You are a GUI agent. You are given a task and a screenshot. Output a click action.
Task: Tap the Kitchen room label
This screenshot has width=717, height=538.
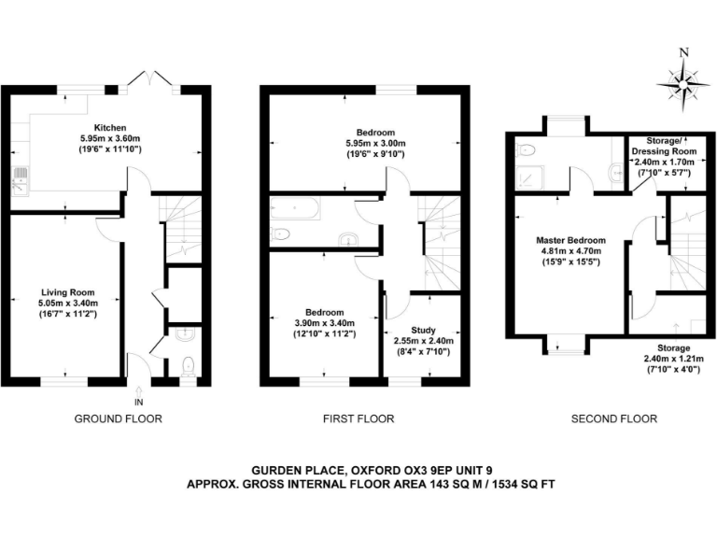tap(110, 128)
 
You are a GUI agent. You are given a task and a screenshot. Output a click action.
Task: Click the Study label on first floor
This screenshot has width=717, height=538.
tap(423, 330)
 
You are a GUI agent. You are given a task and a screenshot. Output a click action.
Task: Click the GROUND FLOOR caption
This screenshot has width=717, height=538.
tap(118, 418)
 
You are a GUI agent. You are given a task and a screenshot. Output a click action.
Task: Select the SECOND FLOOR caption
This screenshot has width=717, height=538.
tap(614, 418)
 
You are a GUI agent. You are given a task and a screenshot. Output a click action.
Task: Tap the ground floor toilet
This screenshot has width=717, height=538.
tap(190, 364)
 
